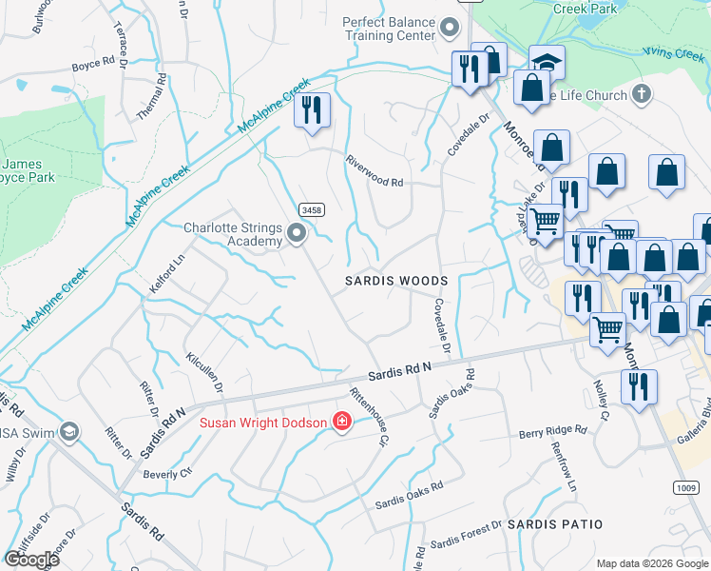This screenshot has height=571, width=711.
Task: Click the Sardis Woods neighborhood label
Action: [395, 282]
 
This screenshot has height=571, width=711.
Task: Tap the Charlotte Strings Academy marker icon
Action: [297, 232]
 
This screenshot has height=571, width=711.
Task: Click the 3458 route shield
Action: [309, 209]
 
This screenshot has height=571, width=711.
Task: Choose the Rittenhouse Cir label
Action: [370, 416]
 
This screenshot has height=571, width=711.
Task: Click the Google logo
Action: [31, 559]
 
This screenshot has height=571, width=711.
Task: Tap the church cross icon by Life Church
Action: [642, 94]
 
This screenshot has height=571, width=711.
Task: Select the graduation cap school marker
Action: [547, 62]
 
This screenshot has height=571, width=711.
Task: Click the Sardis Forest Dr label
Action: [465, 535]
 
